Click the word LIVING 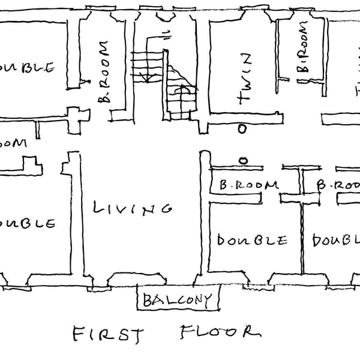133,208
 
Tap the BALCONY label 178,299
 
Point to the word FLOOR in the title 220,332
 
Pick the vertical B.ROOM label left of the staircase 103,72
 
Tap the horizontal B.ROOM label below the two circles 248,186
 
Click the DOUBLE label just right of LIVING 251,241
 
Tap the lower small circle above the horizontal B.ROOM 244,160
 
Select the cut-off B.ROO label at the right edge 338,186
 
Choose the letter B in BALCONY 148,299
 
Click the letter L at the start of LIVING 98,208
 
